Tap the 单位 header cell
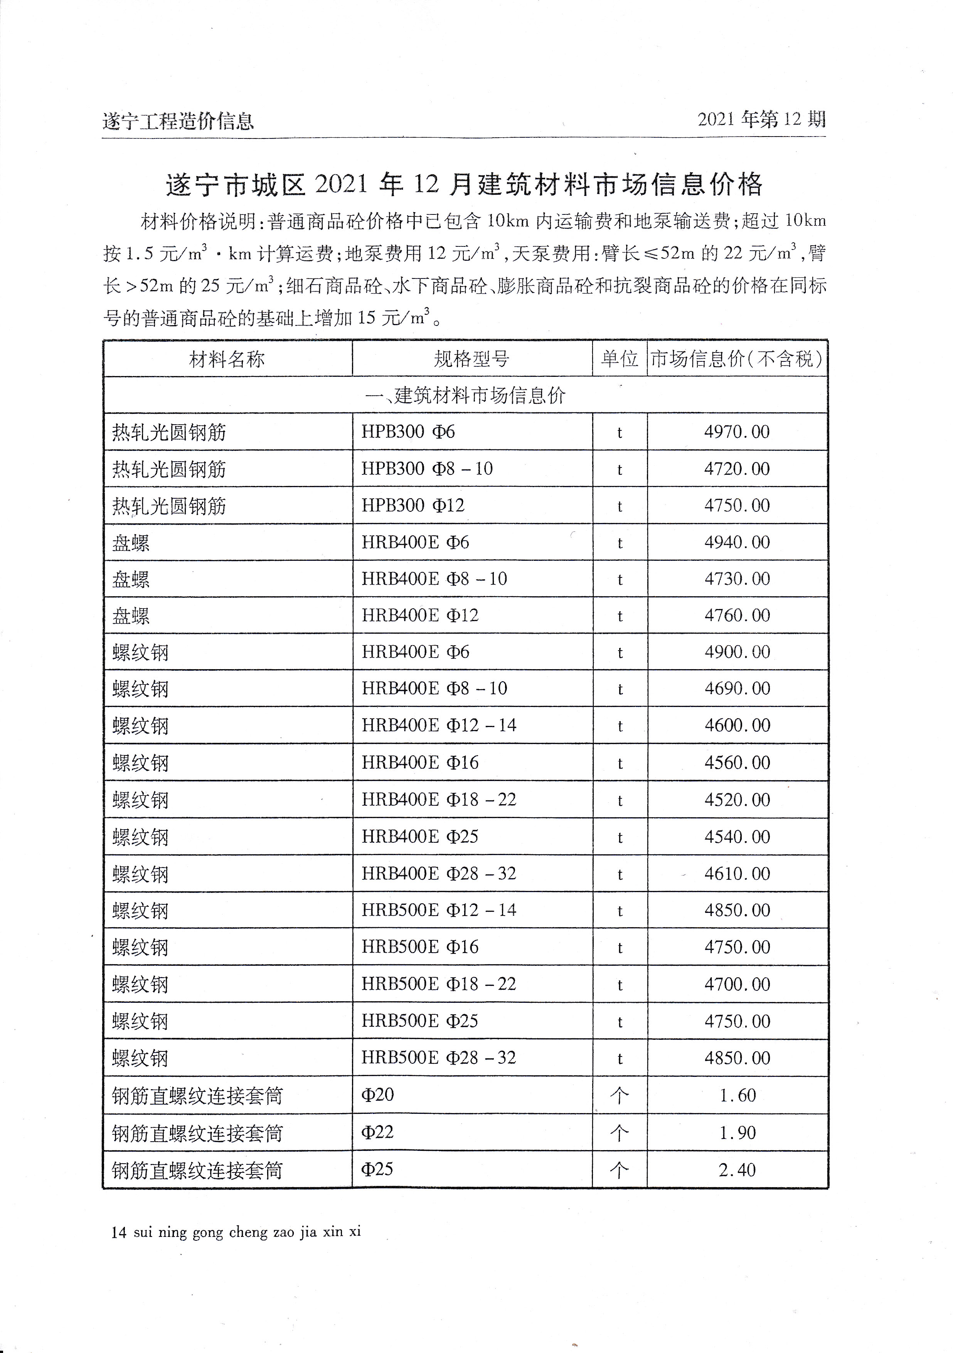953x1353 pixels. coord(619,359)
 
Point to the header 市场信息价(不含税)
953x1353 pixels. coord(736,359)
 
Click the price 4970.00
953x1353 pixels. coord(737,432)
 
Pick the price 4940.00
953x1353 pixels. coord(737,542)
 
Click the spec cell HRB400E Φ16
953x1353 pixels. coord(420,763)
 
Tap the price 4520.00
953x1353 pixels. coord(737,800)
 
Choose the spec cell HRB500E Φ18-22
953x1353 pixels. coord(439,984)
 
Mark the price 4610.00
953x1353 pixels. coord(737,873)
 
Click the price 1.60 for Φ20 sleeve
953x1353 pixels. coord(737,1095)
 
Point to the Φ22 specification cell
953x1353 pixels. coord(377,1132)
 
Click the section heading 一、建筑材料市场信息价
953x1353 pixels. coord(465,395)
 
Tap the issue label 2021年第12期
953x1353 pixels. coord(761,120)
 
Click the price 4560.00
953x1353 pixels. coord(737,763)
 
